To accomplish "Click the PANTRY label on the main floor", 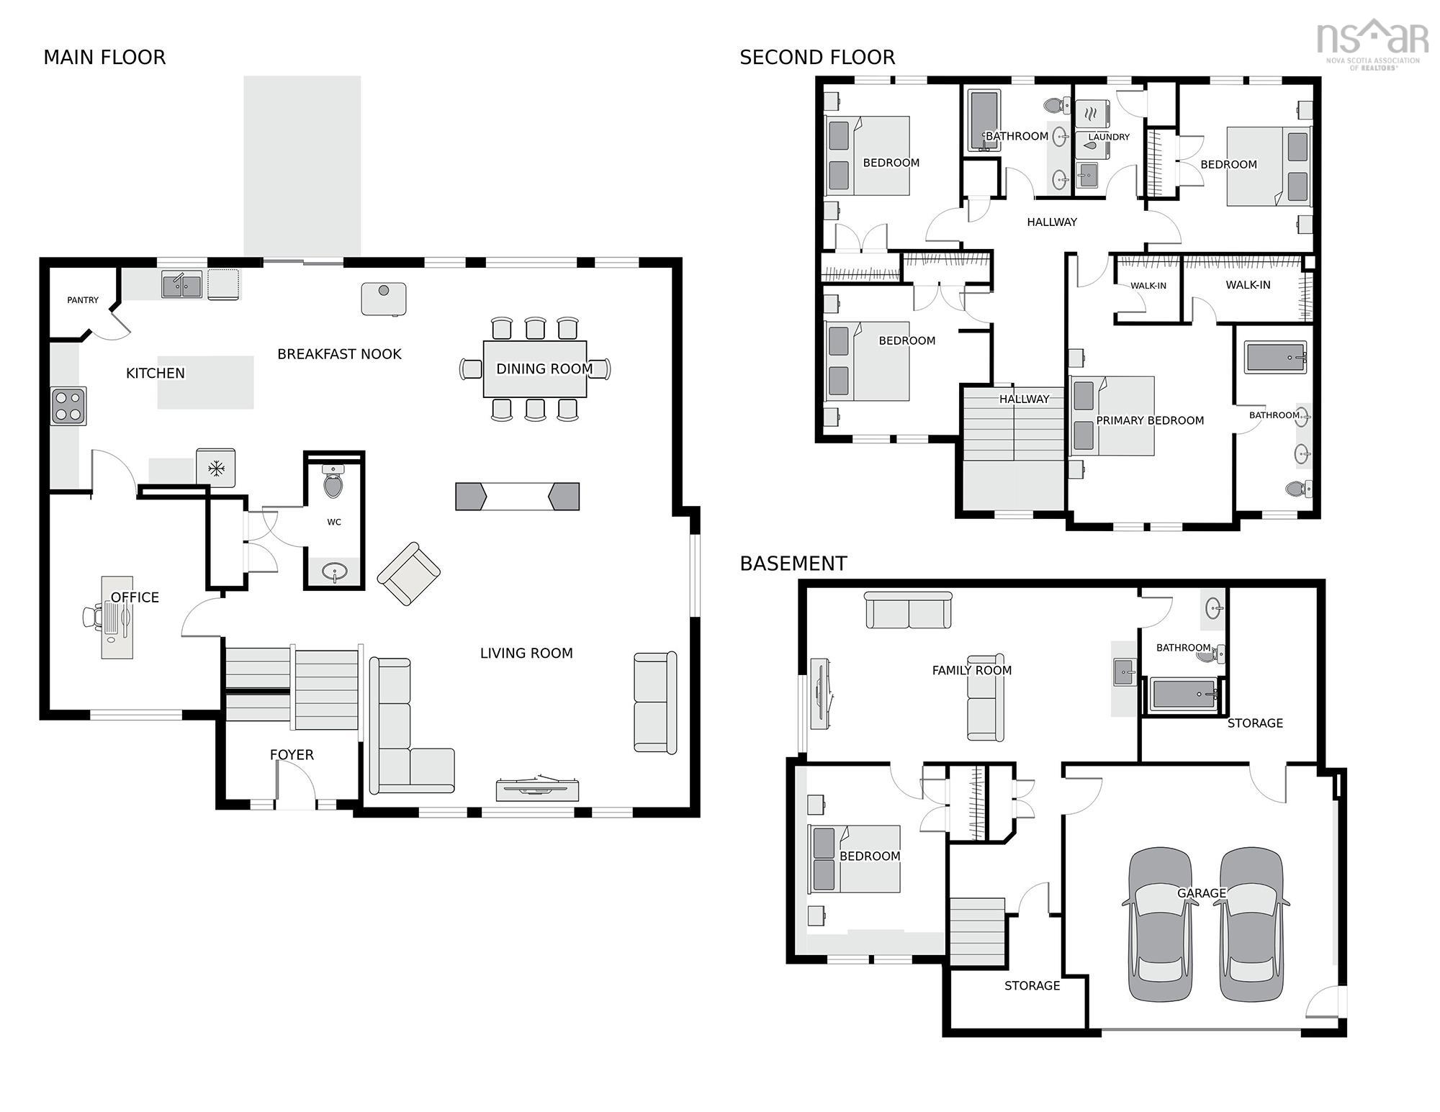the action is click(x=83, y=300).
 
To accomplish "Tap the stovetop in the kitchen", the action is click(x=68, y=406).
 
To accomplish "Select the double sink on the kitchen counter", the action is click(x=181, y=285).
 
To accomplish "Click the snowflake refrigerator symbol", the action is click(x=216, y=469).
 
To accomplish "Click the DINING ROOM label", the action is click(x=544, y=369).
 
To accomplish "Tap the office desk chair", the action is click(x=91, y=618).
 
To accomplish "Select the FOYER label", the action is click(x=292, y=754).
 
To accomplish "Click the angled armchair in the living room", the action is click(x=409, y=574).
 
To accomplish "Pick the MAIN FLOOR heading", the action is click(x=104, y=58).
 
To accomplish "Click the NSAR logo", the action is click(x=1372, y=43).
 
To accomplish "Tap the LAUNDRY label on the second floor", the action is click(x=1109, y=137).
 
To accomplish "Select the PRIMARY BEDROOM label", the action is click(x=1150, y=420).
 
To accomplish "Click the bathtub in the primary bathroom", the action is click(x=1276, y=357).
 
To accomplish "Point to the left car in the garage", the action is click(x=1160, y=924).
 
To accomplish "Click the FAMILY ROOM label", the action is click(x=972, y=670).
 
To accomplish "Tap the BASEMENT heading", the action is click(x=793, y=564).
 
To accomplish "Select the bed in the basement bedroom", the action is click(x=855, y=859).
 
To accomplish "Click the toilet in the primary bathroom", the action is click(x=1298, y=489).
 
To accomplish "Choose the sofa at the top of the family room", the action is click(x=909, y=610).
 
